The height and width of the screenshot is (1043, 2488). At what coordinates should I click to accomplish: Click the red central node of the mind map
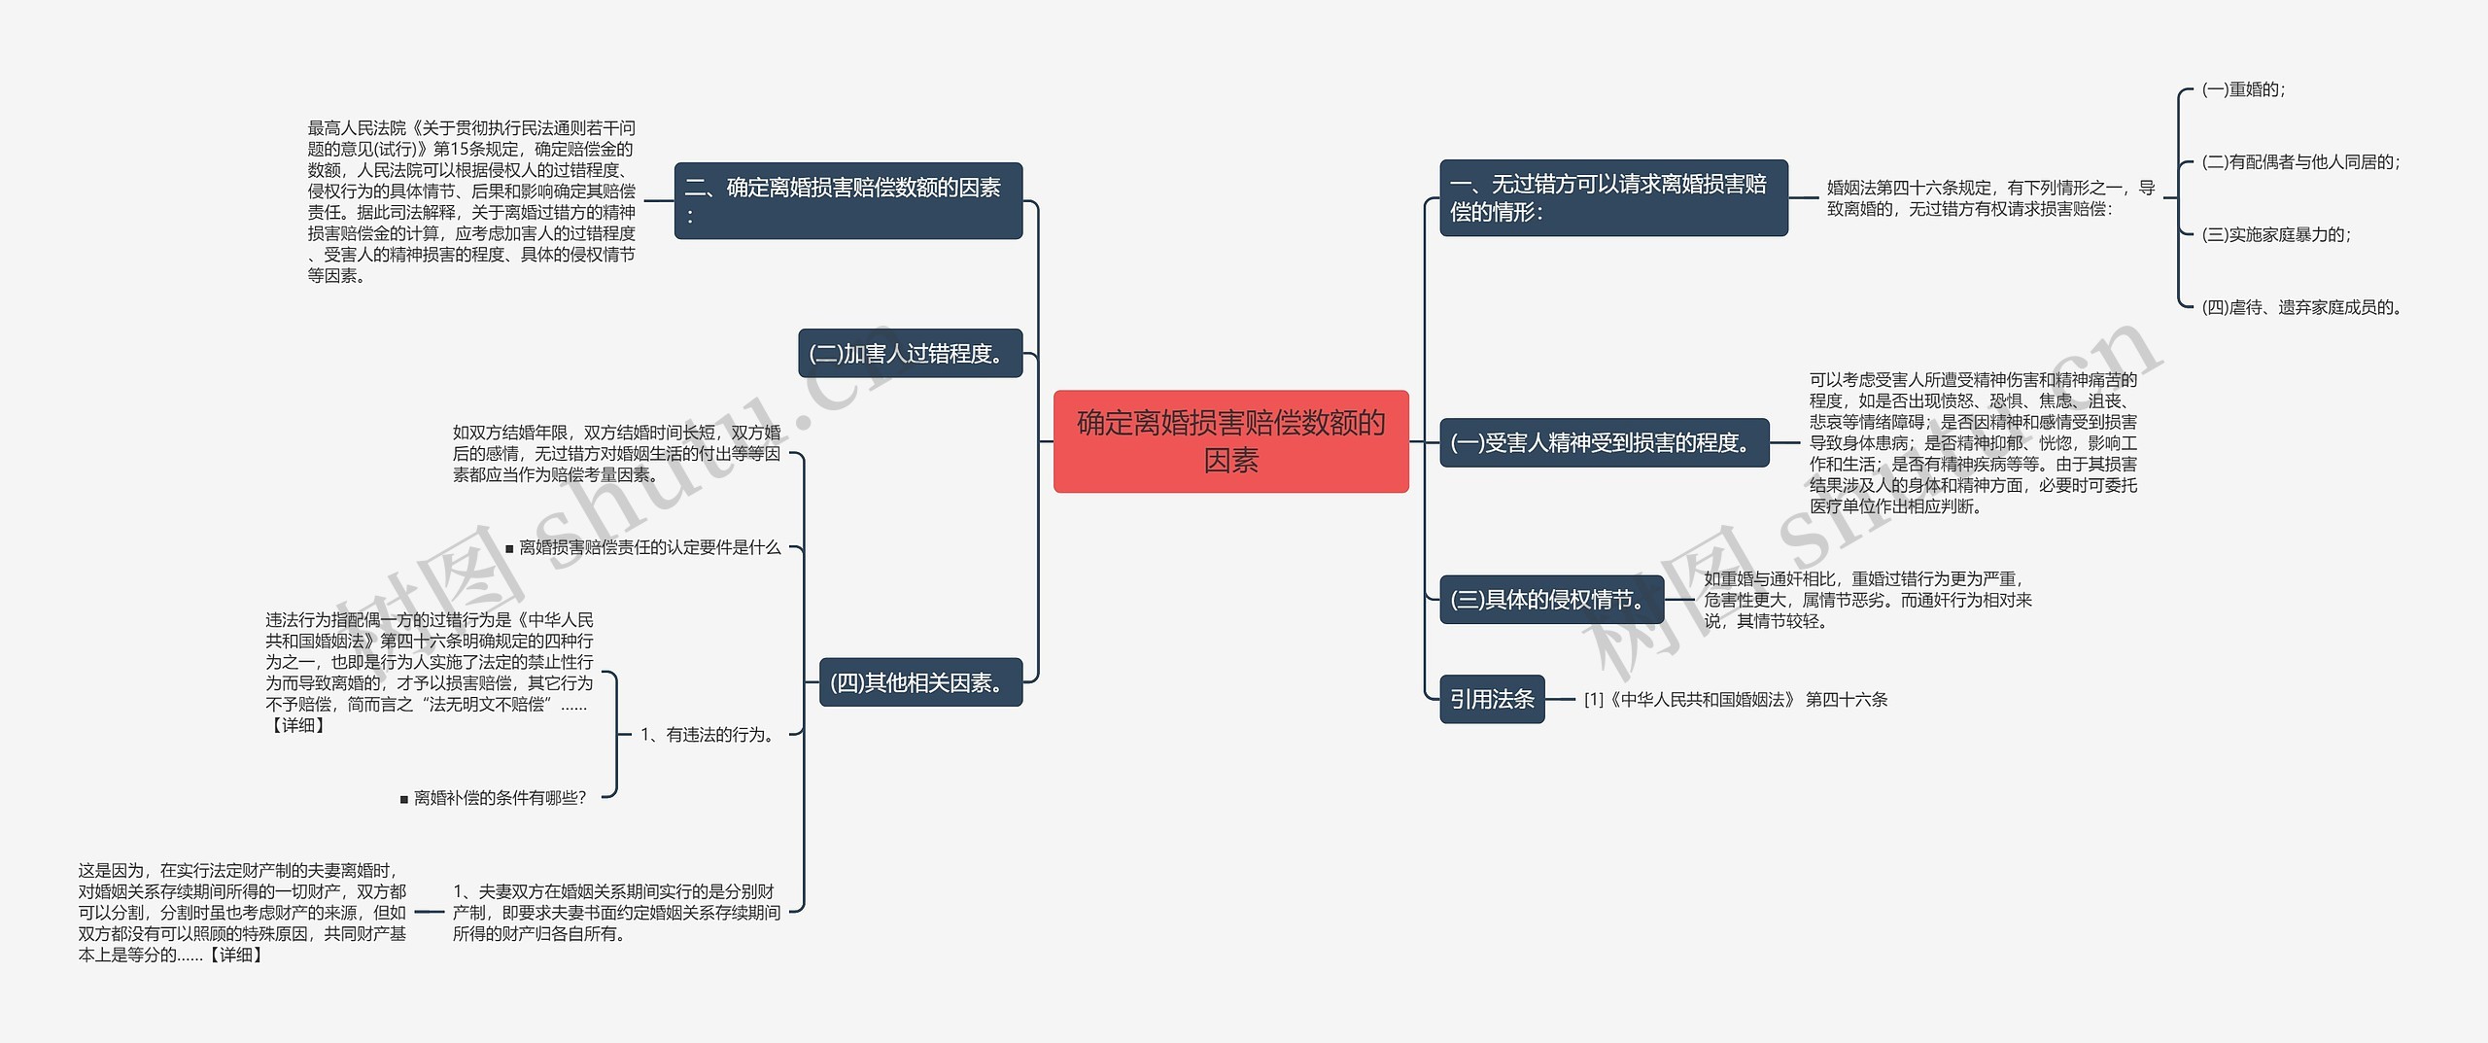pyautogui.click(x=1230, y=441)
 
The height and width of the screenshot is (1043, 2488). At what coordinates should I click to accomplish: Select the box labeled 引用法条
pyautogui.click(x=1491, y=699)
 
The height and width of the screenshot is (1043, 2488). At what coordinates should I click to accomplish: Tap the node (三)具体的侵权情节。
pyautogui.click(x=1551, y=600)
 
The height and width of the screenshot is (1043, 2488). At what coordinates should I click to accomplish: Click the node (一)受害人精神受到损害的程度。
pyautogui.click(x=1604, y=443)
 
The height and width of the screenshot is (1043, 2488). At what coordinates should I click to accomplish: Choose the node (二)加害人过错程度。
pyautogui.click(x=910, y=354)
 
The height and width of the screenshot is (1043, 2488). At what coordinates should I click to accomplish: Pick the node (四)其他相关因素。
pyautogui.click(x=920, y=682)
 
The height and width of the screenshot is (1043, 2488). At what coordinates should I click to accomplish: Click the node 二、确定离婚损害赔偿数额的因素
pyautogui.click(x=847, y=200)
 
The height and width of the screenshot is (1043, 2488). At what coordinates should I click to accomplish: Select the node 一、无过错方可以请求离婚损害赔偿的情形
pyautogui.click(x=1612, y=198)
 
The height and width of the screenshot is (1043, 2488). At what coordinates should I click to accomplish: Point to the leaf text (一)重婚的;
pyautogui.click(x=2243, y=90)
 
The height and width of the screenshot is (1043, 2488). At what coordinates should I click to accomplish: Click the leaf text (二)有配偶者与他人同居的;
pyautogui.click(x=2300, y=162)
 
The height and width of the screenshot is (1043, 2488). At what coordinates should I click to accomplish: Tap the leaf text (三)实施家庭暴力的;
pyautogui.click(x=2275, y=234)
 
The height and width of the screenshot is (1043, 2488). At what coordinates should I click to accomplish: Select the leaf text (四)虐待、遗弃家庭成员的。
pyautogui.click(x=2301, y=307)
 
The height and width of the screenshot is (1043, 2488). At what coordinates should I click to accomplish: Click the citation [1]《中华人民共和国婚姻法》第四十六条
pyautogui.click(x=1735, y=700)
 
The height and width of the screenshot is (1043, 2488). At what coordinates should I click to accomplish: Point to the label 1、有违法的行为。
pyautogui.click(x=708, y=735)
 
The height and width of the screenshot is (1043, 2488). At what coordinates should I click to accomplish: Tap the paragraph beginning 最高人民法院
pyautogui.click(x=471, y=201)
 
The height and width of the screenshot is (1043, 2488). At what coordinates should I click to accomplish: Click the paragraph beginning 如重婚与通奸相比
pyautogui.click(x=1867, y=600)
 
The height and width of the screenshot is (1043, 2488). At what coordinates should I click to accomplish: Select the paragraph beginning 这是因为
pyautogui.click(x=242, y=913)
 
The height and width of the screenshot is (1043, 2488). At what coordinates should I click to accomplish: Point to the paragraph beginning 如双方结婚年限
pyautogui.click(x=616, y=454)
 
